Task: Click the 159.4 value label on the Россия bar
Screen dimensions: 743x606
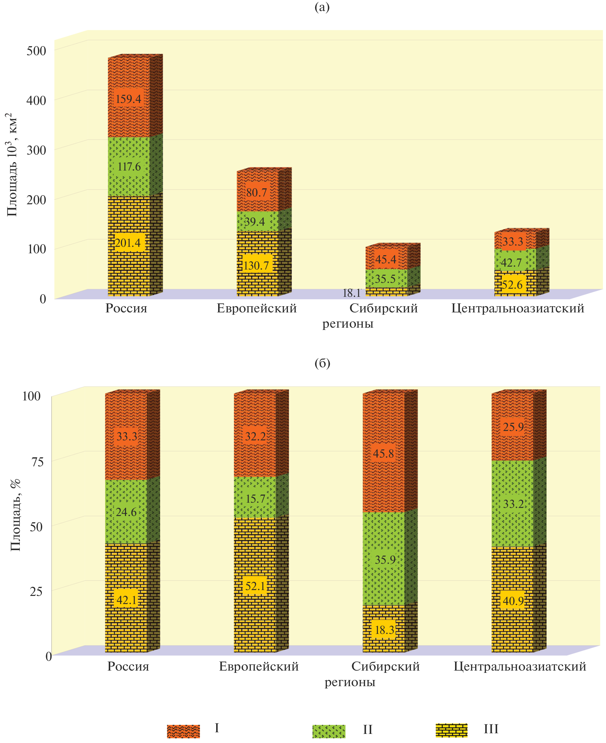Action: [129, 99]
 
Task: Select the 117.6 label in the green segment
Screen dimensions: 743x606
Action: [129, 167]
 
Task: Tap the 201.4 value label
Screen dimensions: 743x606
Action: [128, 243]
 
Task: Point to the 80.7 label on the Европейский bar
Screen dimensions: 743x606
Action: [256, 192]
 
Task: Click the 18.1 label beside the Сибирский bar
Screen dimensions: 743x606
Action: [352, 293]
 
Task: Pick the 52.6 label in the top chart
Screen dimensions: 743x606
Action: [513, 285]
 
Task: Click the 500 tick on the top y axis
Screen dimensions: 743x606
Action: [36, 51]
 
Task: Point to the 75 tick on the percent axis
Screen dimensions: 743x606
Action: [38, 462]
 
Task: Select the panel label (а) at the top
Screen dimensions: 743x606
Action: [322, 7]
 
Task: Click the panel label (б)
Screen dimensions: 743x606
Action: [322, 363]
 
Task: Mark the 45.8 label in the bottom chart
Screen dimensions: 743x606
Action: [383, 454]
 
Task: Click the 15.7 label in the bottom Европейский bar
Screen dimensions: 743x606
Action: [255, 498]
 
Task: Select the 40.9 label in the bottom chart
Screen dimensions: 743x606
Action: [513, 601]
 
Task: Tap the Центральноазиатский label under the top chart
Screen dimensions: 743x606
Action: [518, 309]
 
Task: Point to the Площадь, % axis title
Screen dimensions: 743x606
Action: [15, 515]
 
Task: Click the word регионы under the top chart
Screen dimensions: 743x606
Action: [348, 324]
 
